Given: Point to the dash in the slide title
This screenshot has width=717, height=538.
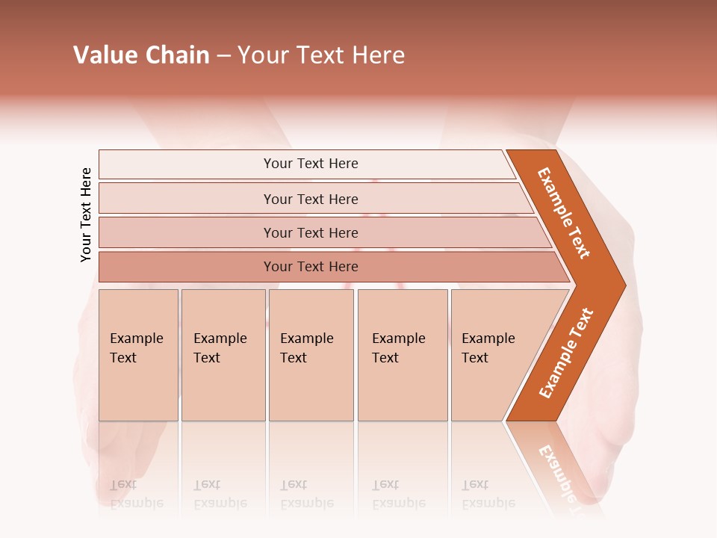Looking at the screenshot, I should point(223,56).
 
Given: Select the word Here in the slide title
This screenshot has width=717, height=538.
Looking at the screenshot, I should point(378,55).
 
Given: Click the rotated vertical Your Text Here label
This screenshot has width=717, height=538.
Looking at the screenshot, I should point(86,214).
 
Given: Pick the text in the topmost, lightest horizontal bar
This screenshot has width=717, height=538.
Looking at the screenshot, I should point(311,164).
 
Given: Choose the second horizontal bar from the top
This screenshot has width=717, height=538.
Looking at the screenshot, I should point(311,199).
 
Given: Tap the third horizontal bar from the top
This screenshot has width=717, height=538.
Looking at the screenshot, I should point(311,232).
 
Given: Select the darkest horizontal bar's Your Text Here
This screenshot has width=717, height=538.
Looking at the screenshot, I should point(311,267).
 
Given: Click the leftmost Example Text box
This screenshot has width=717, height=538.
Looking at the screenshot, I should point(137,348).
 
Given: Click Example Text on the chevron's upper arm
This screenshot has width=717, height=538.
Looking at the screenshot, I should point(565,213).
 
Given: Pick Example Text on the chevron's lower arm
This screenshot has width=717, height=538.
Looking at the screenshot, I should point(566,353).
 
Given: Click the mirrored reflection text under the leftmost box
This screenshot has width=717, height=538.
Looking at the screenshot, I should point(137,493).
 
